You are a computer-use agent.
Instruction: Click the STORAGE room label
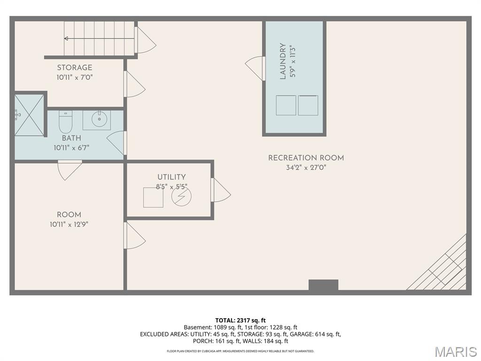coord(75,68)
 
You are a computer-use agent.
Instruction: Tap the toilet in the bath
coord(65,122)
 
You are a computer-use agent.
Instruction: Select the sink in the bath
coord(97,120)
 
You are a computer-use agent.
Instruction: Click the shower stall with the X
coord(29,115)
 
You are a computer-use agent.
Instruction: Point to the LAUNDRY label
coord(283,62)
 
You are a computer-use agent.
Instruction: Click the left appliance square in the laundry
coord(286,105)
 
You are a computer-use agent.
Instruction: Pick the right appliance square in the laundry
coord(308,105)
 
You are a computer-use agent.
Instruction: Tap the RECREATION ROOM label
coord(306,158)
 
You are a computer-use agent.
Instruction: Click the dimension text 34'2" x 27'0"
coord(306,167)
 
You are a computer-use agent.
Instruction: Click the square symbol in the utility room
coord(153,198)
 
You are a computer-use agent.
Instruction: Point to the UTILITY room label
coord(171,177)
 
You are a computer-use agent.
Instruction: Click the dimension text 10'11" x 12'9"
coord(69,224)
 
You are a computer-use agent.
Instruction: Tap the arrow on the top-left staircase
coord(66,39)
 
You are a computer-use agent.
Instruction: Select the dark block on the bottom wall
coord(323,285)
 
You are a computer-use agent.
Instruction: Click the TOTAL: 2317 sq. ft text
coord(240,321)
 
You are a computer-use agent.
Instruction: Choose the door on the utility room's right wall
coord(221,190)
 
